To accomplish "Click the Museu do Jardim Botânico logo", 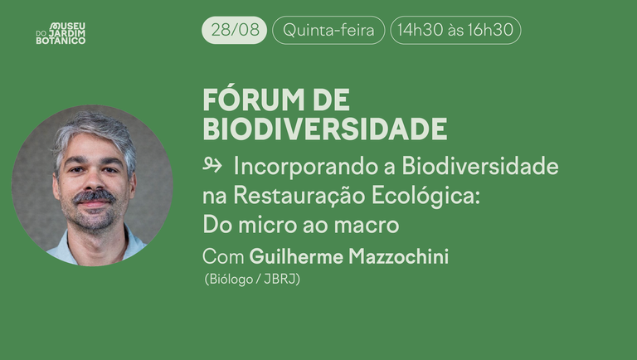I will point(61,33).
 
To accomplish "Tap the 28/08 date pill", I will point(234,31).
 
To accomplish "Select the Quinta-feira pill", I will point(328,31).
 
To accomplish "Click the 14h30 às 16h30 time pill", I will point(455,31).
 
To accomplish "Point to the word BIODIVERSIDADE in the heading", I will point(324,129).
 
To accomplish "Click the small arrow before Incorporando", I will point(213,166).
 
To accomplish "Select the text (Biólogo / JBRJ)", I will point(252,280).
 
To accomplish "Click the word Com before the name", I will point(223,257).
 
